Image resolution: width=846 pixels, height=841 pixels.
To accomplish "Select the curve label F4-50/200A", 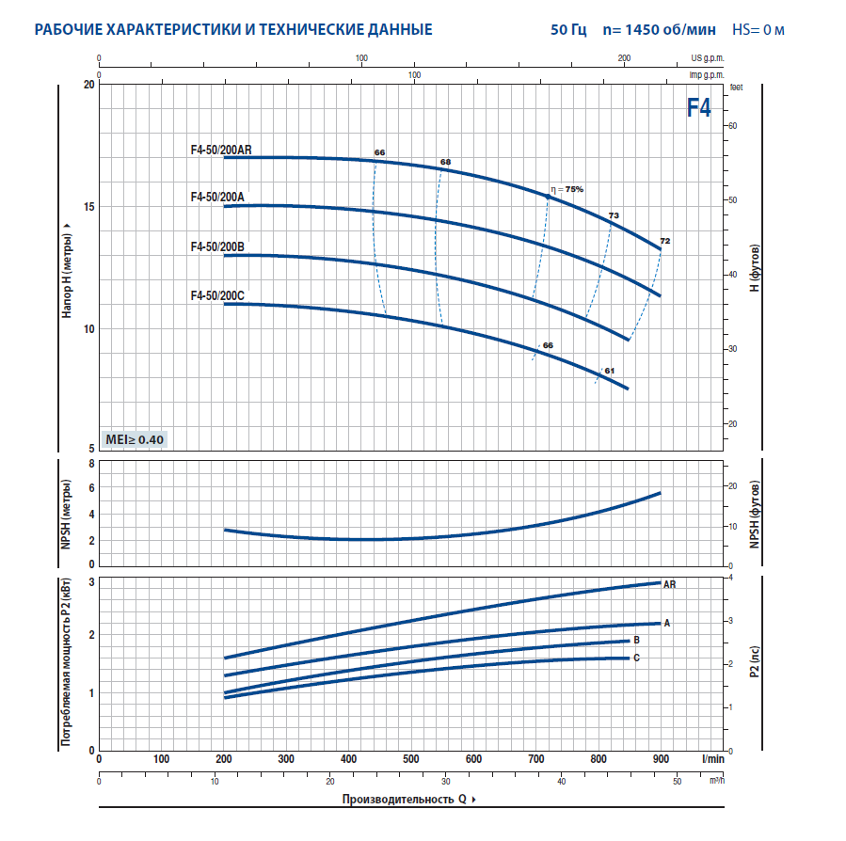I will pyautogui.click(x=217, y=197).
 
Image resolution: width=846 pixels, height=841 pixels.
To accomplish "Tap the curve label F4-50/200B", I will pyautogui.click(x=217, y=246).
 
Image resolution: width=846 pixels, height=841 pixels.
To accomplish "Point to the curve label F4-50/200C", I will pyautogui.click(x=217, y=295).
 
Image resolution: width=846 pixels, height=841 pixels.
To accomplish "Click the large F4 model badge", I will pyautogui.click(x=698, y=107).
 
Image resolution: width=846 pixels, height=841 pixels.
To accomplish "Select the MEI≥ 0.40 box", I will pyautogui.click(x=135, y=439).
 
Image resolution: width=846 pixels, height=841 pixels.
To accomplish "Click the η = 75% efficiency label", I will pyautogui.click(x=567, y=189).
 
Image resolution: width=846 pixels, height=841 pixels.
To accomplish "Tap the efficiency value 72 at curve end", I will pyautogui.click(x=665, y=242).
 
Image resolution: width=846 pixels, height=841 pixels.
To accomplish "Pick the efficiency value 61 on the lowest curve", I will pyautogui.click(x=609, y=371).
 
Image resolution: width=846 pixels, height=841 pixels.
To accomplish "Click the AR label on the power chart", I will pyautogui.click(x=670, y=584).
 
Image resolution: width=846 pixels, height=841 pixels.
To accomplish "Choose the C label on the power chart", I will pyautogui.click(x=637, y=657).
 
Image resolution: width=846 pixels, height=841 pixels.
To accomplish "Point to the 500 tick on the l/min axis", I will pyautogui.click(x=411, y=759).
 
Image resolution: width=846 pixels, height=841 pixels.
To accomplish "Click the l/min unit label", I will pyautogui.click(x=713, y=758).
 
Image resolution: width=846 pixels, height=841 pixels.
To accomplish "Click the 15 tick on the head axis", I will pyautogui.click(x=88, y=207).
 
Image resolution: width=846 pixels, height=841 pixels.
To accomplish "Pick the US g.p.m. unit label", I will pyautogui.click(x=707, y=57).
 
